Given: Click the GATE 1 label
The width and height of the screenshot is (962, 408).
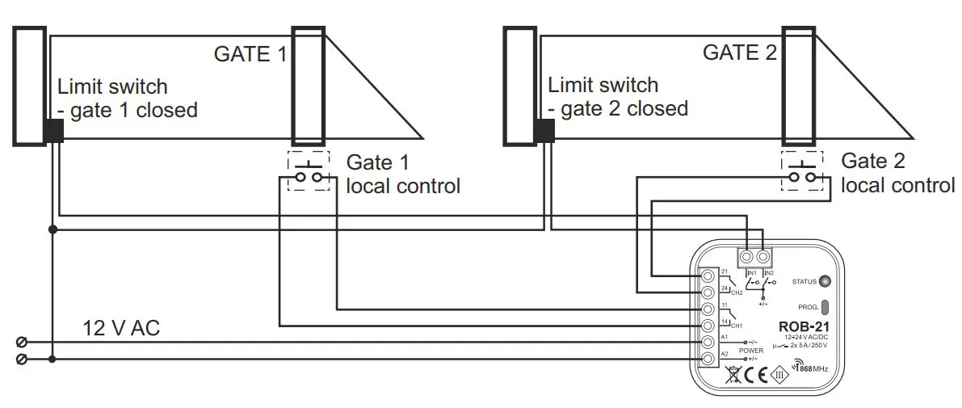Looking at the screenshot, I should tap(250, 54).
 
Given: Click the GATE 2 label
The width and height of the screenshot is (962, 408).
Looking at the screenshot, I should tap(739, 53).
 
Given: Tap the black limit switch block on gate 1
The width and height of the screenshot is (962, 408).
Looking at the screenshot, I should tap(53, 131).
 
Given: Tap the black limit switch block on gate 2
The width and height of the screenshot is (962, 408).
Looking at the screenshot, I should tap(544, 130).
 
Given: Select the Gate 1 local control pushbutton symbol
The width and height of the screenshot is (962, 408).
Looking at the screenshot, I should tap(309, 171).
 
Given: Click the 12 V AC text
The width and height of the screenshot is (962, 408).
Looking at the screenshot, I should tap(120, 329).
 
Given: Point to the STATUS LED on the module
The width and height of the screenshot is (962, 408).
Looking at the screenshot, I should tap(824, 282).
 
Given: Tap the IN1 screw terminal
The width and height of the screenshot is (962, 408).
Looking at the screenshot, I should tap(747, 257).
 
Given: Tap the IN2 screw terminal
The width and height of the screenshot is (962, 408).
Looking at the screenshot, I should tap(762, 257).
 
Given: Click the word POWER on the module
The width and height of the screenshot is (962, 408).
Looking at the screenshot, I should tap(751, 351).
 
